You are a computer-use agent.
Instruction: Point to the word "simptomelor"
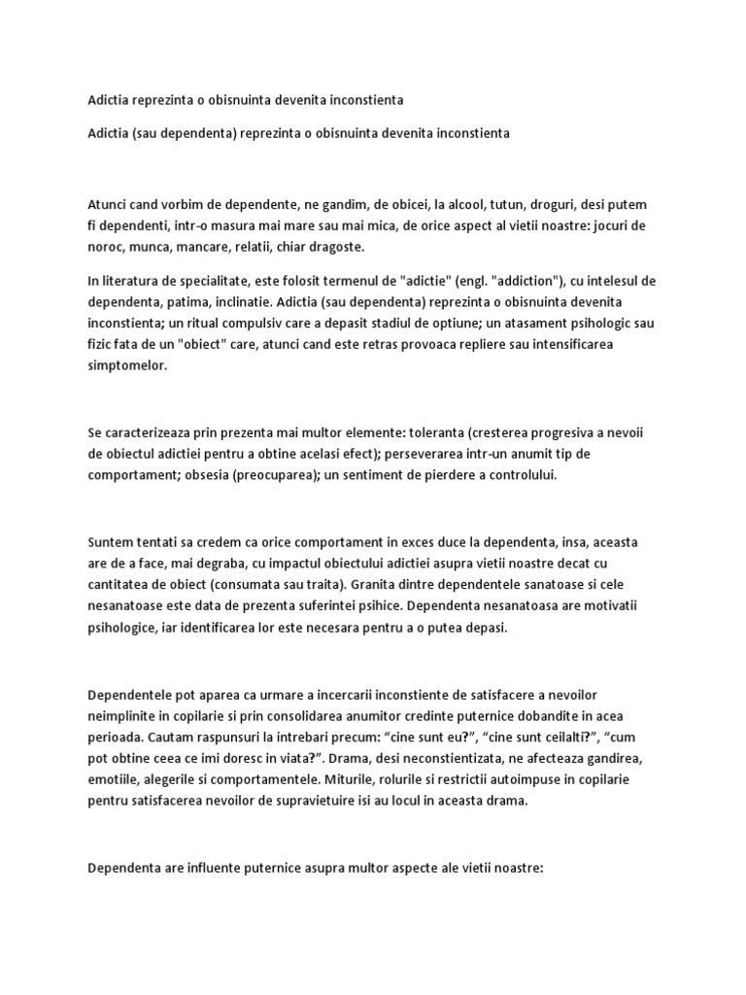126,367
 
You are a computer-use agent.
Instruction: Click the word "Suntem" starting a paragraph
112,540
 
